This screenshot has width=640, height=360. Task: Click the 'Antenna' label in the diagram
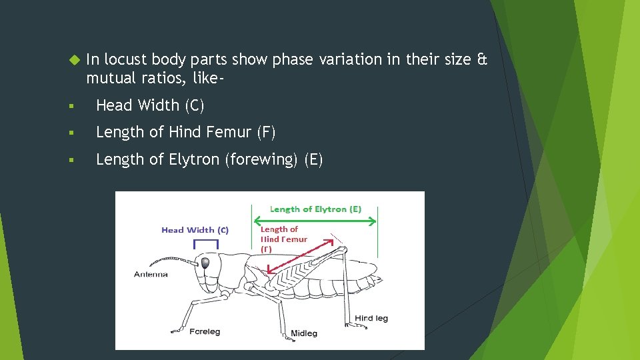pyautogui.click(x=151, y=275)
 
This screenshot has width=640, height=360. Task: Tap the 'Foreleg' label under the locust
pyautogui.click(x=205, y=331)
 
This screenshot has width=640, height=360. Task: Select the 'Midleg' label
pyautogui.click(x=304, y=333)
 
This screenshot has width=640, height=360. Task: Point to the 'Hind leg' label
pyautogui.click(x=371, y=319)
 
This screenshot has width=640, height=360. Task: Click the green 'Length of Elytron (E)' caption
pyautogui.click(x=315, y=209)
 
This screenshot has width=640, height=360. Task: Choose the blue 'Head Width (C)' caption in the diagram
pyautogui.click(x=195, y=230)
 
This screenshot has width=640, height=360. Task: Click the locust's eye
pyautogui.click(x=206, y=263)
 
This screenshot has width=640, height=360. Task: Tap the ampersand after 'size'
pyautogui.click(x=483, y=60)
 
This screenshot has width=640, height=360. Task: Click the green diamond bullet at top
pyautogui.click(x=73, y=60)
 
